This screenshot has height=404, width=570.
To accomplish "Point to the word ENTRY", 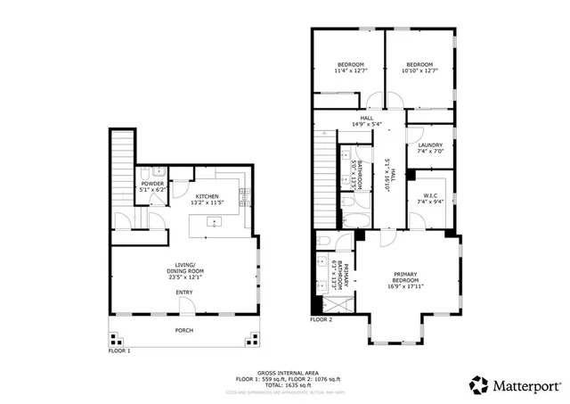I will [184, 293].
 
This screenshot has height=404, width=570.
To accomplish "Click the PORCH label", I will [184, 330].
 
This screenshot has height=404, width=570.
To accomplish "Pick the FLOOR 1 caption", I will [119, 350].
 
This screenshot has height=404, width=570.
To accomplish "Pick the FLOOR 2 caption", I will [321, 318].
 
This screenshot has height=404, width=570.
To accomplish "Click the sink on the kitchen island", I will [214, 220].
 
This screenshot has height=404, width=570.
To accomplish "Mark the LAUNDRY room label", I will [430, 147].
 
